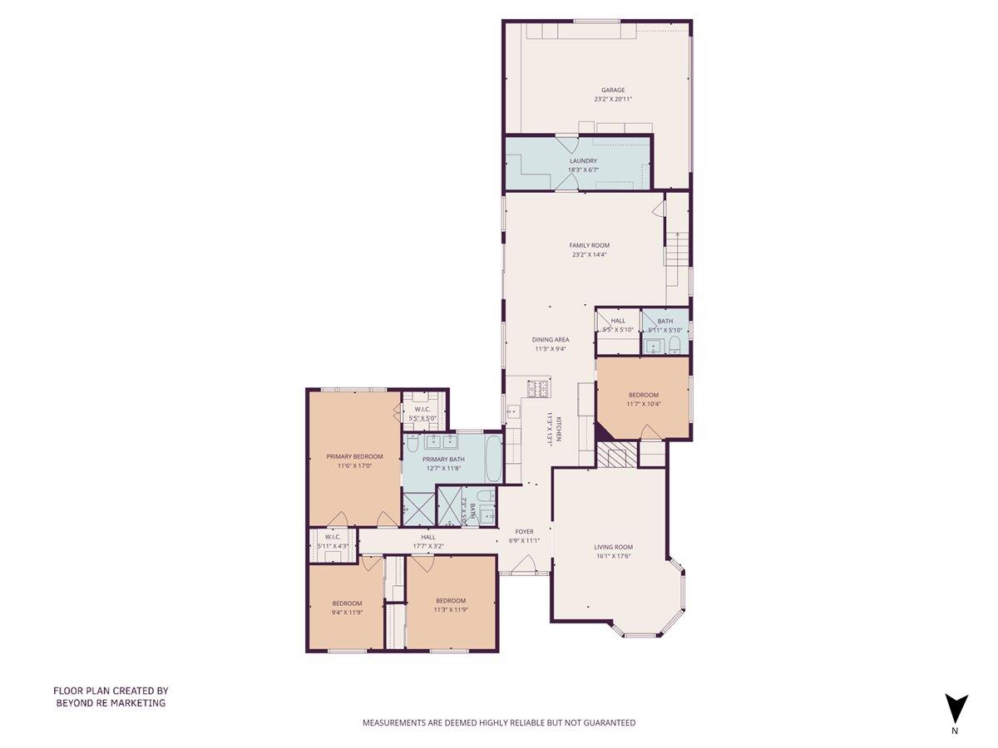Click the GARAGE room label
pos(613,90)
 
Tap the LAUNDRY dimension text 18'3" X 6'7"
pos(583,170)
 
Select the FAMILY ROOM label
pos(589,245)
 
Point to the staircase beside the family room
pos(677,246)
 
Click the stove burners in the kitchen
pos(538,388)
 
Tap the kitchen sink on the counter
pos(512,411)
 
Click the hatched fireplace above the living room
pos(616,455)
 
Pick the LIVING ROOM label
pos(614,547)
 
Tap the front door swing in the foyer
pos(524,566)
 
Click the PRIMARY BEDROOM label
pos(354,456)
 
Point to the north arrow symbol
pos(956,708)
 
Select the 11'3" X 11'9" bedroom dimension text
pos(450,609)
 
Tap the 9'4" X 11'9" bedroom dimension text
pos(347,612)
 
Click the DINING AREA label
pos(551,339)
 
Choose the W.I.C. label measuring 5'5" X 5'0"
pos(422,409)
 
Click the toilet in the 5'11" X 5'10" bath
pos(675,345)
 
